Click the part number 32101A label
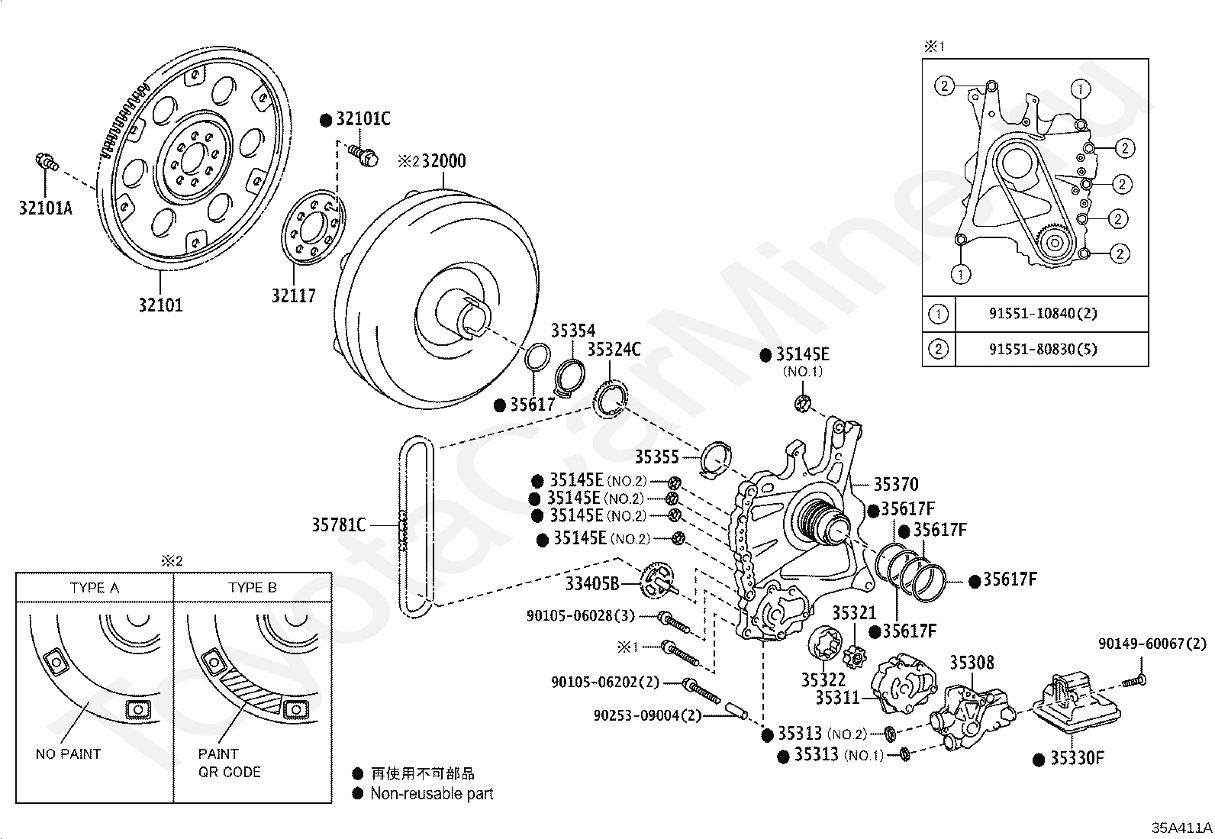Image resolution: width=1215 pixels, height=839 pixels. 46,208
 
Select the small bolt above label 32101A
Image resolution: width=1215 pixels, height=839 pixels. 47,161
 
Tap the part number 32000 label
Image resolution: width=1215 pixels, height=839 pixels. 443,160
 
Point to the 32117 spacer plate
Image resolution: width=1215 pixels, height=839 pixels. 313,227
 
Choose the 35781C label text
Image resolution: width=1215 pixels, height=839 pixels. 338,524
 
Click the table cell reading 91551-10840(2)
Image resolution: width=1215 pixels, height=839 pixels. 1043,313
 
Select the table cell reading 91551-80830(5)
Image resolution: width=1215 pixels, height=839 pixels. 1043,348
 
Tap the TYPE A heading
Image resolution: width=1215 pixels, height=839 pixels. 95,588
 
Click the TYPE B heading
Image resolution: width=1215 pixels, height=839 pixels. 252,588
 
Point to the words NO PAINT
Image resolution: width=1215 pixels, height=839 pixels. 69,753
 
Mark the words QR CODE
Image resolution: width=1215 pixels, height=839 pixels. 230,772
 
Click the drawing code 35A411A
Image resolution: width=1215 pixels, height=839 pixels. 1181,827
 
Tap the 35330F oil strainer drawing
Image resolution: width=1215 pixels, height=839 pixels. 1076,703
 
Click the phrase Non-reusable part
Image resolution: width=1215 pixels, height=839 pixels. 432,793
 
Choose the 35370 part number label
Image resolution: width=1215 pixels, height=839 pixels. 896,484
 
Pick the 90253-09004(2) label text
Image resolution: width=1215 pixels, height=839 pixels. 648,715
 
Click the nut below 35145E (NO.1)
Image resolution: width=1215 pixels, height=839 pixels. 803,404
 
